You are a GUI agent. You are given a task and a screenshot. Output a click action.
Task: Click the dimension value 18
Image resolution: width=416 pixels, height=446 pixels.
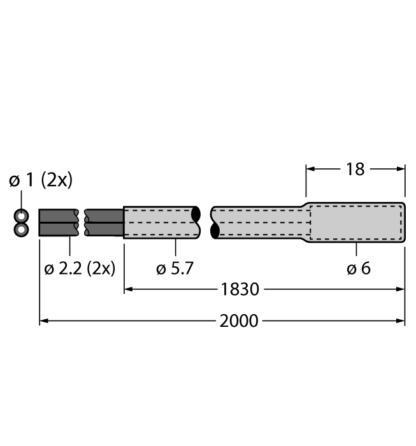[355, 169]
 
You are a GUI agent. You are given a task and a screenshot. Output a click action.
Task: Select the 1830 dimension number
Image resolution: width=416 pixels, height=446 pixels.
[240, 289]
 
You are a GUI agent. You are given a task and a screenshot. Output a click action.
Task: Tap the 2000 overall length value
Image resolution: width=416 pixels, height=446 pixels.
[239, 321]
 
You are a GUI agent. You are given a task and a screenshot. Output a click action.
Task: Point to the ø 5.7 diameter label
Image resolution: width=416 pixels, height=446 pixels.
[175, 268]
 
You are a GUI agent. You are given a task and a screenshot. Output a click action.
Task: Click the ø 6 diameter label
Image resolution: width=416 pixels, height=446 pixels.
[359, 268]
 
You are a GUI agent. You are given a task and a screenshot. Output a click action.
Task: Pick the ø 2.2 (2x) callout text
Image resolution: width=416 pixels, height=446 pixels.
[80, 268]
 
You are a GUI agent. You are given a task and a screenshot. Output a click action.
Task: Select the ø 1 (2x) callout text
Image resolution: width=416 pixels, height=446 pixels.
[41, 180]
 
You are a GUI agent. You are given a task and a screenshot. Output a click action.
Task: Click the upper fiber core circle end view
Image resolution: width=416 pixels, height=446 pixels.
[21, 216]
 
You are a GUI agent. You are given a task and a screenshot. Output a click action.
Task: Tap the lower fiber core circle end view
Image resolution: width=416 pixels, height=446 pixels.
[21, 229]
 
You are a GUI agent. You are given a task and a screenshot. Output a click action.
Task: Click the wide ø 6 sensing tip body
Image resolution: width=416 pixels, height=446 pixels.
[356, 222]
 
